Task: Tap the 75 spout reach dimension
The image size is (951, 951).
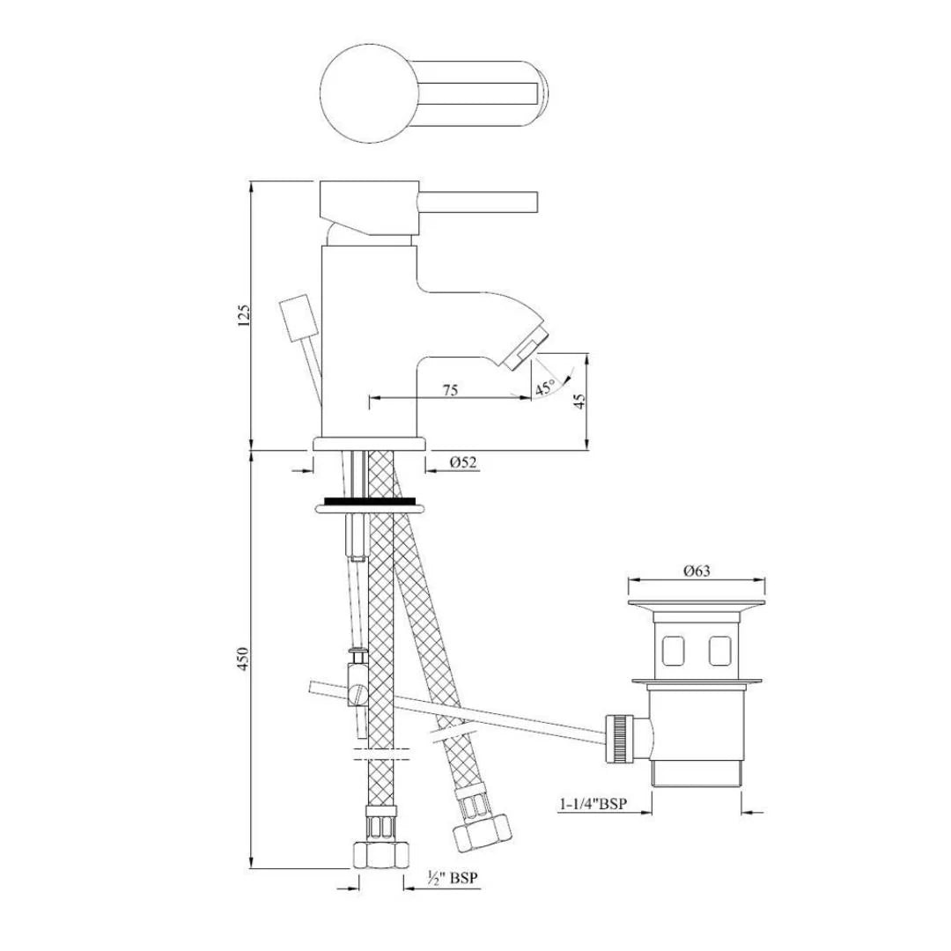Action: coord(450,391)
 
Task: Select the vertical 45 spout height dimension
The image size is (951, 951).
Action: coord(579,401)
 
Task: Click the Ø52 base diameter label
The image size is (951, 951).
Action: coord(462,462)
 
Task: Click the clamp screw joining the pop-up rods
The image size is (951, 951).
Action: coord(358,696)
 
